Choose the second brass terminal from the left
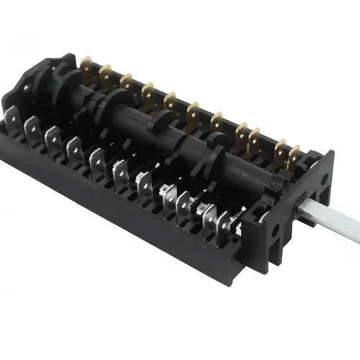click(x=106, y=73)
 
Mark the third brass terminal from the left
click(x=127, y=81)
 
